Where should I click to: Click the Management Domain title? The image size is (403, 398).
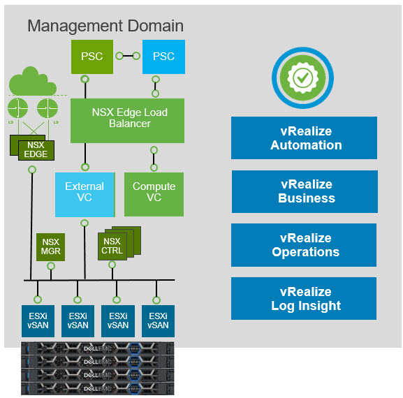point(105,27)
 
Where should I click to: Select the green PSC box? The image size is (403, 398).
point(91,57)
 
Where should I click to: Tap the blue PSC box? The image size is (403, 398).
point(163,57)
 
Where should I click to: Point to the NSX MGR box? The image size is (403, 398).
point(50,246)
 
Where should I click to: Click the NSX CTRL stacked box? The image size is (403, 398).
point(112,246)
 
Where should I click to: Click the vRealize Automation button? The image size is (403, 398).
point(304,138)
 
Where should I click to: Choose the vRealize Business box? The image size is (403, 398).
point(304,191)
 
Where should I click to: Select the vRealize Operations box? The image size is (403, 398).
point(304,245)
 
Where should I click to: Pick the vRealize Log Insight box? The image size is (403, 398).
point(304,299)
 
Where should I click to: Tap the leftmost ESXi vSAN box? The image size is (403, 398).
point(38,320)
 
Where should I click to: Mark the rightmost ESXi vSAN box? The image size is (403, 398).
point(158,320)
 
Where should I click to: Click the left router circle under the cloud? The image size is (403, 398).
point(18,108)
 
